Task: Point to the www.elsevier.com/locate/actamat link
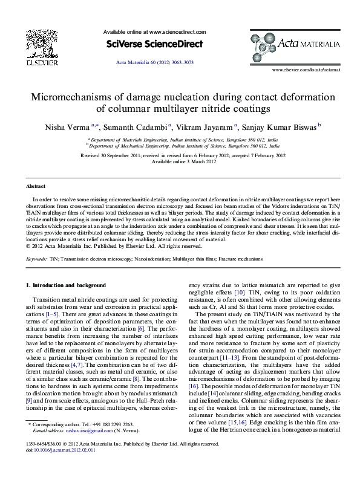click(x=306, y=70)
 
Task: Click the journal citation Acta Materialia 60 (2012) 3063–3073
click(x=154, y=63)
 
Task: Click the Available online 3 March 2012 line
click(x=180, y=162)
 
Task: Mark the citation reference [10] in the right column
click(x=240, y=293)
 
